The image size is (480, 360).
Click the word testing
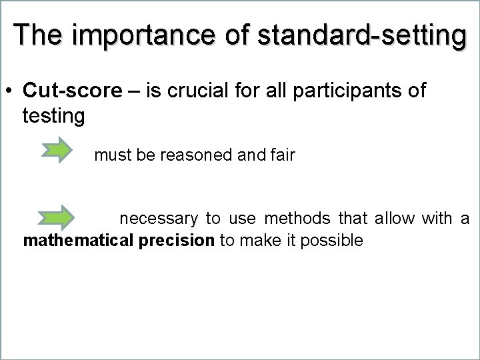coord(53,117)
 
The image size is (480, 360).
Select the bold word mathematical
coord(78,241)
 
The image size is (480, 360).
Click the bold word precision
coord(177,241)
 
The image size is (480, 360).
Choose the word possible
coord(331,241)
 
